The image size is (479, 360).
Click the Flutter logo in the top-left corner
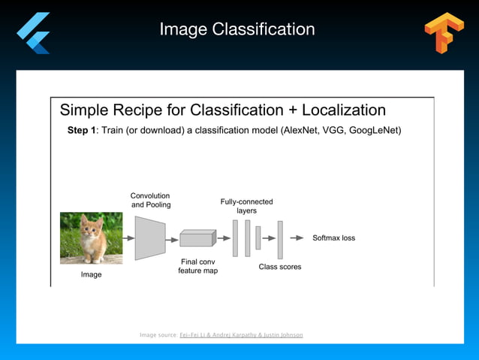(33, 32)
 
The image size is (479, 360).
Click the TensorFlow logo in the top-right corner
(444, 33)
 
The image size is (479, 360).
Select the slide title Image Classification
(237, 29)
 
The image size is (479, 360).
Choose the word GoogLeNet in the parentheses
(375, 131)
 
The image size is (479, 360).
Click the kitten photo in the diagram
(91, 237)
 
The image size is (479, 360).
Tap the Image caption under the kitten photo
(91, 274)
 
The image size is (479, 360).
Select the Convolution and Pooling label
(151, 200)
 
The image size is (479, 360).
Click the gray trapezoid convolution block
(150, 237)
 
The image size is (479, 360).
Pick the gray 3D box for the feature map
(197, 238)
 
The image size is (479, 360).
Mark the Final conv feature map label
(197, 266)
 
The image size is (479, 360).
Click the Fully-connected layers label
(246, 206)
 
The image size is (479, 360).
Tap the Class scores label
(280, 266)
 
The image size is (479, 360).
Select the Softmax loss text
(333, 237)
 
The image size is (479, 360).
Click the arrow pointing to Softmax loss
(297, 237)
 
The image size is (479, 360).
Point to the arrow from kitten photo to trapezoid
(128, 237)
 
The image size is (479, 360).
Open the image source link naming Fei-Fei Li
(241, 334)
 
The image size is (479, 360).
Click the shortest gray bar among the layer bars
(258, 237)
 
